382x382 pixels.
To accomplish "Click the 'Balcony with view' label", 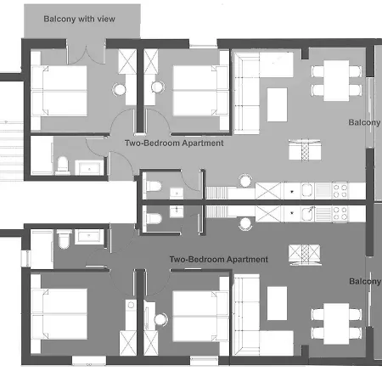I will pyautogui.click(x=80, y=18).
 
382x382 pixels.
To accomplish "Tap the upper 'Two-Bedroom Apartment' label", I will pyautogui.click(x=174, y=144).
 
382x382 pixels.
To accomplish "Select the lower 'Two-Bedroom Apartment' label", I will pyautogui.click(x=219, y=259).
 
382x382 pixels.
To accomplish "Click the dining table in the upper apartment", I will pyautogui.click(x=329, y=80).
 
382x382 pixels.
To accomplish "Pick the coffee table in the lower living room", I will pyautogui.click(x=278, y=303).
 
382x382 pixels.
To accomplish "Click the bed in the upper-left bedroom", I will pyautogui.click(x=60, y=91).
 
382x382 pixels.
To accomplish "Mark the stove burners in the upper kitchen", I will pyautogui.click(x=340, y=190).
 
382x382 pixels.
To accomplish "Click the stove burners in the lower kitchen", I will pyautogui.click(x=340, y=212).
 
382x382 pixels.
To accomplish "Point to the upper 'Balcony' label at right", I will pyautogui.click(x=365, y=122).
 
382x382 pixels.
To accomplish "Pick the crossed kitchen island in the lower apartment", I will pyautogui.click(x=301, y=253).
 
